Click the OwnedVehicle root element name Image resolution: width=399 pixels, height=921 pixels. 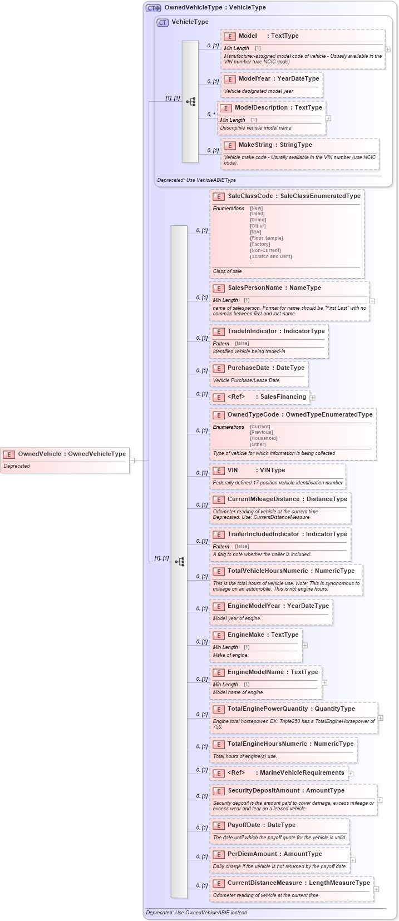(40, 454)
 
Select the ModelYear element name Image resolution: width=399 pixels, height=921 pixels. (254, 79)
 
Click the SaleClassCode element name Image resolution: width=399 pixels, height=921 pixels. (250, 196)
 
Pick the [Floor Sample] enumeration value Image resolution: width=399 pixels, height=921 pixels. (266, 238)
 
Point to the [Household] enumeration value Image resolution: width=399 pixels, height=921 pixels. (263, 438)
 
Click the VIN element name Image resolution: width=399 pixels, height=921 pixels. (233, 471)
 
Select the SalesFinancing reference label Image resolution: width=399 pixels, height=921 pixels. (283, 397)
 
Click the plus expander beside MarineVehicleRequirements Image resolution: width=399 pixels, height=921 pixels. (351, 773)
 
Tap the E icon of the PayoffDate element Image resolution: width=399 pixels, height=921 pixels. (219, 825)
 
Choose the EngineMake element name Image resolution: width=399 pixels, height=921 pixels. (245, 635)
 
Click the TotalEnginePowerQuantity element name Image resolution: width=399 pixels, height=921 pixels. (267, 709)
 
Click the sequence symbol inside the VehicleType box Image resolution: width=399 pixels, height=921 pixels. (190, 102)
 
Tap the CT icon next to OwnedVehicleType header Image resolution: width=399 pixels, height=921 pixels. (152, 8)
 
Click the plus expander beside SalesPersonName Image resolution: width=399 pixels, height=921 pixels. (372, 301)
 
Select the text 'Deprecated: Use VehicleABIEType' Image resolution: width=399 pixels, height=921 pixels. (196, 180)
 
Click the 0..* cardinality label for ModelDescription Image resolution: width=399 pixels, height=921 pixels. (211, 115)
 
